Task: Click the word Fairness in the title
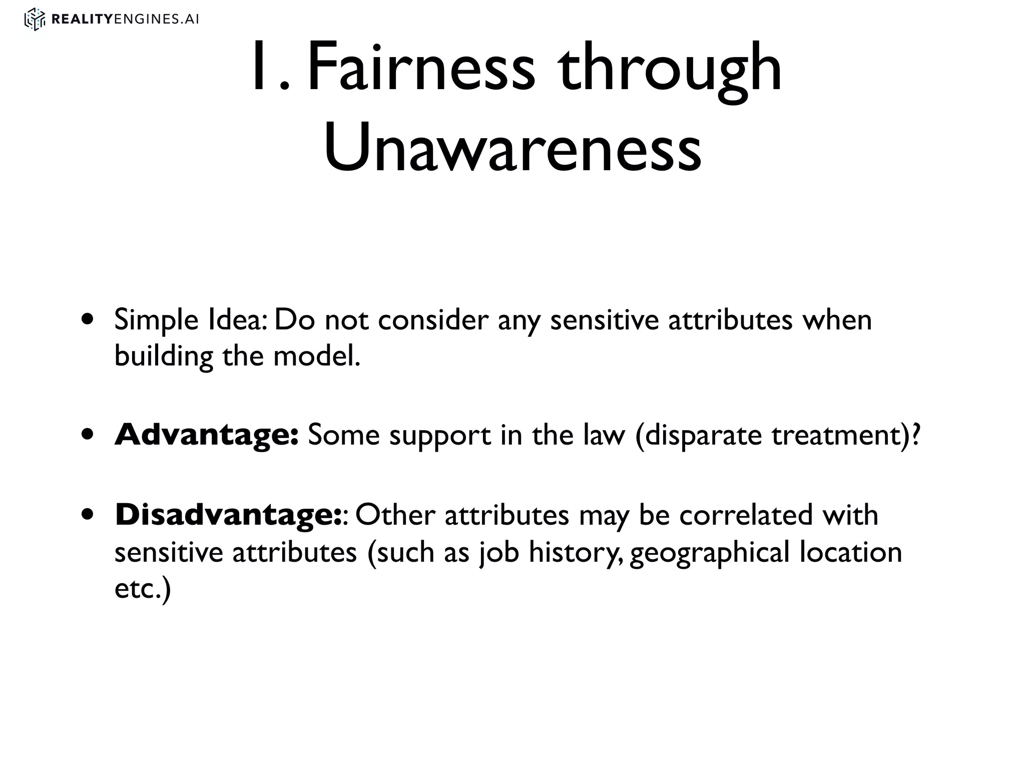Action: pyautogui.click(x=420, y=68)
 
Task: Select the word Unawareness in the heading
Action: pyautogui.click(x=512, y=148)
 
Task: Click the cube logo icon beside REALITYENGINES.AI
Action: pyautogui.click(x=35, y=20)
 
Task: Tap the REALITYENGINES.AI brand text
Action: pyautogui.click(x=125, y=20)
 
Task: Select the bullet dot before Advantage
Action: pyautogui.click(x=89, y=435)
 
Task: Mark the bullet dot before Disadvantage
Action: pyautogui.click(x=89, y=515)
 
